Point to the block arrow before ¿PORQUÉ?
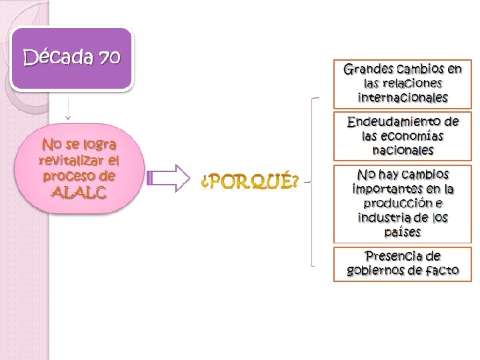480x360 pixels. pyautogui.click(x=168, y=178)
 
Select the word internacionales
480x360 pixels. pyautogui.click(x=403, y=97)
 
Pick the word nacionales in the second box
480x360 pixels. pyautogui.click(x=403, y=151)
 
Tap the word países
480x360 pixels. pyautogui.click(x=403, y=232)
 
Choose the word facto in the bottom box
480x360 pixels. pyautogui.click(x=440, y=271)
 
